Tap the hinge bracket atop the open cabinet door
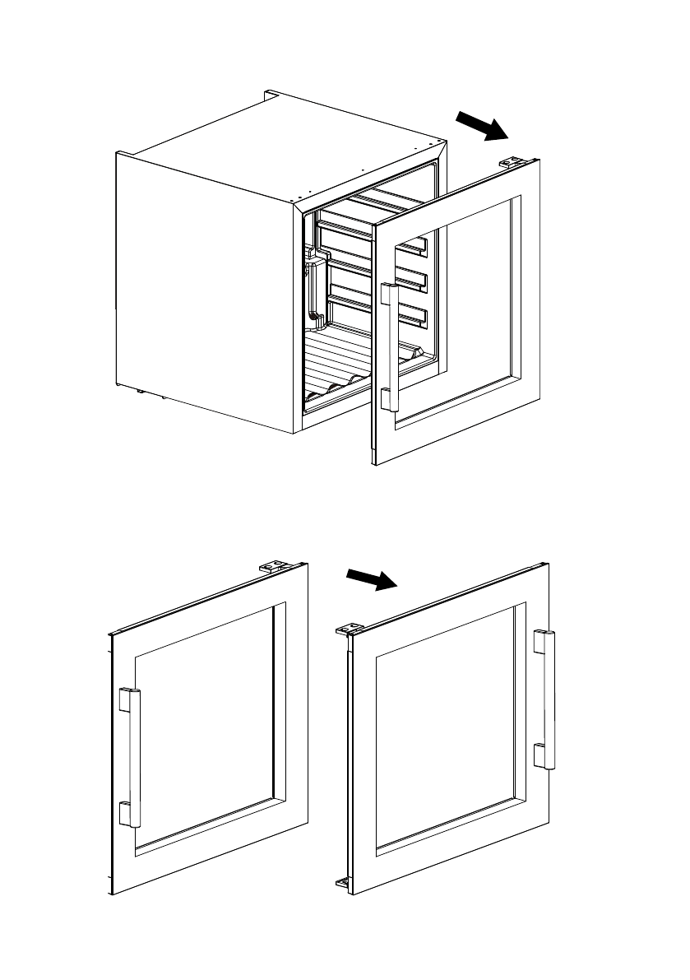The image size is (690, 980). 513,162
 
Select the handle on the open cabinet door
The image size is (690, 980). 391,346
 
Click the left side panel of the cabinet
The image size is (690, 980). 206,288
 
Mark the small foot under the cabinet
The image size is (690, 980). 141,392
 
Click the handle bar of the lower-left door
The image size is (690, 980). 135,757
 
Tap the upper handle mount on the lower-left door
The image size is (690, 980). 125,699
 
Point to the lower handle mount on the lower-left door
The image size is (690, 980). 125,813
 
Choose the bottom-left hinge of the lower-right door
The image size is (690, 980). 343,885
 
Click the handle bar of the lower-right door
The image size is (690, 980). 549,699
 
